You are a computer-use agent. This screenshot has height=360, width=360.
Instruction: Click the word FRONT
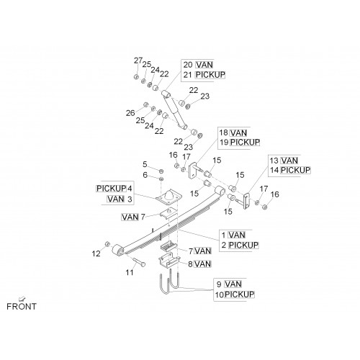(22, 306)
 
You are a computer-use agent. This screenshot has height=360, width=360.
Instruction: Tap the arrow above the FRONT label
(22, 299)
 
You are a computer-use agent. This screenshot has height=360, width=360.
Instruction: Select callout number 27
(138, 60)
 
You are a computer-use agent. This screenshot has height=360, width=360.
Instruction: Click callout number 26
(130, 113)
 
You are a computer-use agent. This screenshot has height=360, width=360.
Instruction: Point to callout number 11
(130, 272)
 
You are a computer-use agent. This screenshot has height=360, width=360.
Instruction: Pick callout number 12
(96, 253)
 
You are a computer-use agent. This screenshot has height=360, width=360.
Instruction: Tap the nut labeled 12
(107, 244)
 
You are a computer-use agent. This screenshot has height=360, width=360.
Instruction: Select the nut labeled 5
(161, 171)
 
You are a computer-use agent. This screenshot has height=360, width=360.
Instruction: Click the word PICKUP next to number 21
(210, 75)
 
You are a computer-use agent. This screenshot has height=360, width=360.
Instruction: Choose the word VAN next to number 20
(204, 65)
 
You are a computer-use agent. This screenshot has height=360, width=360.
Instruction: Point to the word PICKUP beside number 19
(245, 142)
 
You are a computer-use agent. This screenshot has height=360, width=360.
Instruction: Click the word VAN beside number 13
(289, 161)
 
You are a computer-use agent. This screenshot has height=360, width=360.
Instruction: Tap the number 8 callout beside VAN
(190, 264)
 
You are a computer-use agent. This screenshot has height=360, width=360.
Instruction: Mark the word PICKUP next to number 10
(240, 294)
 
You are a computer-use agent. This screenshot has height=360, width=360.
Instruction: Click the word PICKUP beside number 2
(243, 245)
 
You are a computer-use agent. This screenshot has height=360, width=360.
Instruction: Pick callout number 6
(145, 175)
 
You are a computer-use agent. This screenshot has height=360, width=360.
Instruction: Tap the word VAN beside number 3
(116, 199)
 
